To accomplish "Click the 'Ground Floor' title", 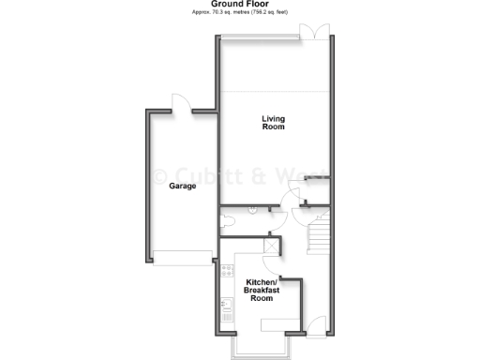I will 239,4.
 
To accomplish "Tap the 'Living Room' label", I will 273,123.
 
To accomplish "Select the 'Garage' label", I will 182,187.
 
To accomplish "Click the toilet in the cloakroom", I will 228,221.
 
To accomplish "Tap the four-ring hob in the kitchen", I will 225,273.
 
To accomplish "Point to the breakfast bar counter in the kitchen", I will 276,322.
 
